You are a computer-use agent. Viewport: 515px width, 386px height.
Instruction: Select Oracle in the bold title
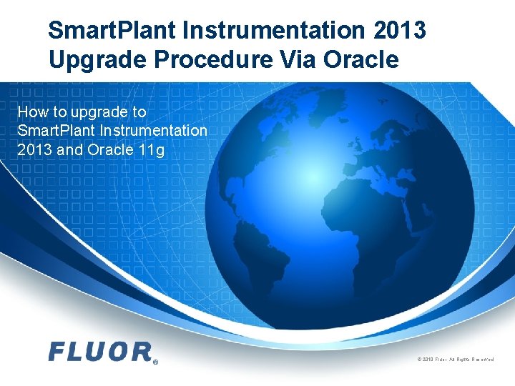coord(359,59)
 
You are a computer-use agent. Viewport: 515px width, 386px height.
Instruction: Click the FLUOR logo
coord(100,352)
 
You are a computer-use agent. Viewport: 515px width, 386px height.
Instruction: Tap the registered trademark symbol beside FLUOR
coord(154,362)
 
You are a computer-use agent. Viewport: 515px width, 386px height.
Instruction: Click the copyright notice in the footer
coord(455,359)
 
